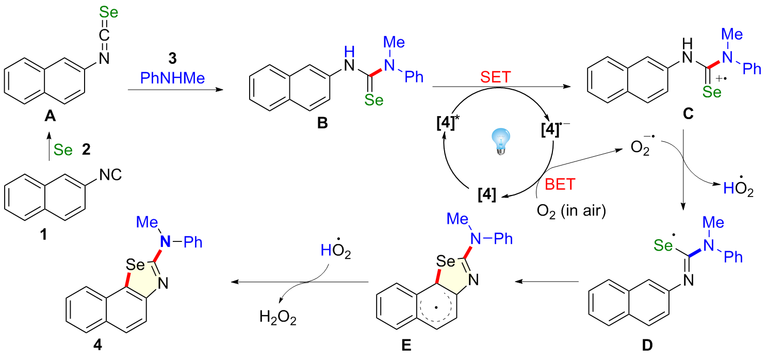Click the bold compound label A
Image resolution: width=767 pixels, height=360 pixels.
51,118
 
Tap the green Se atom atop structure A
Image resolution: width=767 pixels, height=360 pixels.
105,11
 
